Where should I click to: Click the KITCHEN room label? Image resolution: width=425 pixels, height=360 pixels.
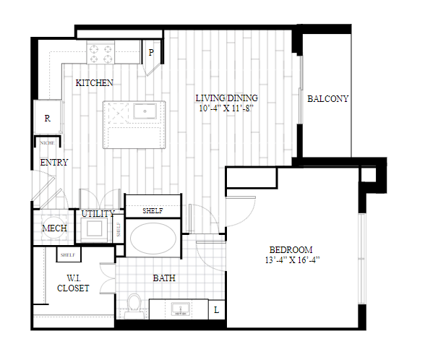point(94,83)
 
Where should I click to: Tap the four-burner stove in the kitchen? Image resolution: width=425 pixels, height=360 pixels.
point(100,52)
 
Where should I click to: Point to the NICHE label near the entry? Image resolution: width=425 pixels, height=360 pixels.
point(47,143)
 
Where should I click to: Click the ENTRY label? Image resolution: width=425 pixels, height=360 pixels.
point(54,163)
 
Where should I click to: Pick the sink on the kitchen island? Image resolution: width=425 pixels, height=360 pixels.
point(145,111)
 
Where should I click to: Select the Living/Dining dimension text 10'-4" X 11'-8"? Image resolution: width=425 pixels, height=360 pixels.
point(226,108)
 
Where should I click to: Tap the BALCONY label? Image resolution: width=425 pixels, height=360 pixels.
point(327,98)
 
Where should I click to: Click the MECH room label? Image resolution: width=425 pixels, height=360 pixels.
point(54,228)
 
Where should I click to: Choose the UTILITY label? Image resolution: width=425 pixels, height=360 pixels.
point(98,214)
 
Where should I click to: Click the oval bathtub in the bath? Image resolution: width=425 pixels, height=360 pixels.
point(153,239)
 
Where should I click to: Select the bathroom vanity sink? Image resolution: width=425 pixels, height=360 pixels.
point(180,309)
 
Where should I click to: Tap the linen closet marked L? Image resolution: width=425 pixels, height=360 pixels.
point(217,309)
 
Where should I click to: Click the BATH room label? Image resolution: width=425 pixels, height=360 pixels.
point(164,278)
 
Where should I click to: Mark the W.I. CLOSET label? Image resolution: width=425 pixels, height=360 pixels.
point(73,283)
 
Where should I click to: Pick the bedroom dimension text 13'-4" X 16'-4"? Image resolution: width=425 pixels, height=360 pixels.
point(292,260)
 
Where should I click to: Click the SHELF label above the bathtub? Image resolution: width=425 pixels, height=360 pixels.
point(153,210)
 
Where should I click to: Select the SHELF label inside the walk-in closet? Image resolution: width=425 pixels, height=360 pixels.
point(68,254)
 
